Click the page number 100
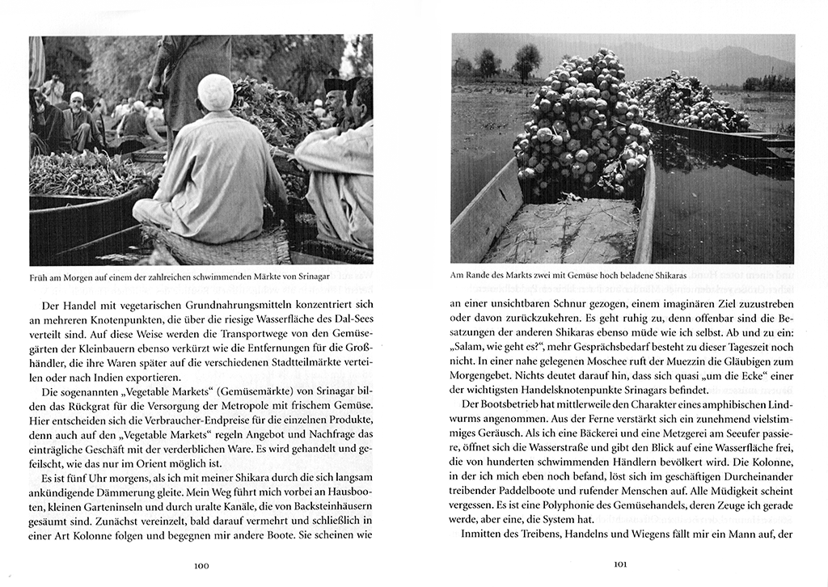click(201, 565)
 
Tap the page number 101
click(620, 565)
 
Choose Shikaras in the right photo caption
click(665, 276)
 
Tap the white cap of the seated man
click(215, 91)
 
